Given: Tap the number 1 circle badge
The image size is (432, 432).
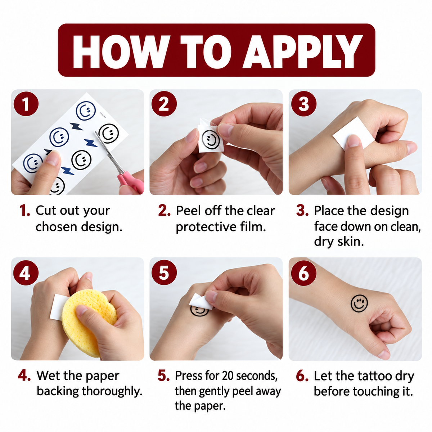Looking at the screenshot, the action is point(26,104).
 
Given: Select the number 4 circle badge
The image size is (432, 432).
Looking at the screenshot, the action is point(26,273).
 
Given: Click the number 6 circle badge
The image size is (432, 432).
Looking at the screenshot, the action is point(304,273).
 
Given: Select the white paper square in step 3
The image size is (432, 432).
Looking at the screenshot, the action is point(354,134).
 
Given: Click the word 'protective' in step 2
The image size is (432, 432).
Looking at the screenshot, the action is point(206,227).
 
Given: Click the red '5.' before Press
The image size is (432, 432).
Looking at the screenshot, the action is point(164,375).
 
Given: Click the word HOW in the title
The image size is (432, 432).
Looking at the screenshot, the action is point(121,51).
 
